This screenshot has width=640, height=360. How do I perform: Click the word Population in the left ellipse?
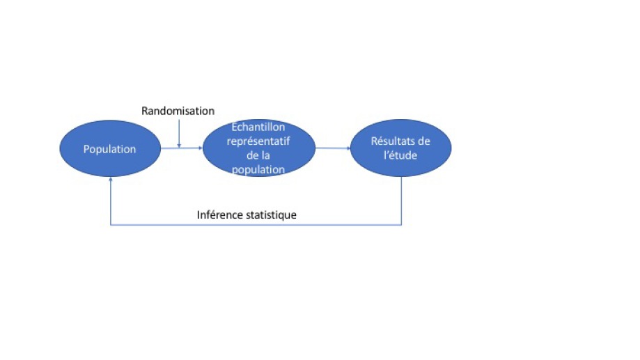click(109, 149)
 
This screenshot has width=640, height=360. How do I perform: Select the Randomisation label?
click(178, 111)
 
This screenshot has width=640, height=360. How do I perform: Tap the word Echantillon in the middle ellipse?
click(258, 127)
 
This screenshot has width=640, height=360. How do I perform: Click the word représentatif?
click(258, 141)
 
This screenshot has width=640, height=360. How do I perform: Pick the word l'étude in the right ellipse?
click(400, 155)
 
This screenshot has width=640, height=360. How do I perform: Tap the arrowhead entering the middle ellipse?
click(201, 148)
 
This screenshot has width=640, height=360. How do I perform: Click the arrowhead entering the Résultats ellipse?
click(348, 148)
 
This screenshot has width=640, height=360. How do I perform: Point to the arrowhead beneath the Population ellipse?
click(111, 179)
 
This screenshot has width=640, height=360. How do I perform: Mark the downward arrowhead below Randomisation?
click(179, 145)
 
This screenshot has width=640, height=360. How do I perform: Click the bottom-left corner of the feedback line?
click(111, 224)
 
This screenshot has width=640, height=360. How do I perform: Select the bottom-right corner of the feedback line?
click(401, 224)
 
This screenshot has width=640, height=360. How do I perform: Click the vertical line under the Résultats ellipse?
click(401, 201)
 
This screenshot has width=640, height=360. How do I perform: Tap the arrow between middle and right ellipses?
click(333, 148)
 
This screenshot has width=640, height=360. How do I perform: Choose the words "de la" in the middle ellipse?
click(258, 155)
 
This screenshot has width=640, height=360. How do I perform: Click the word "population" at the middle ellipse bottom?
click(258, 169)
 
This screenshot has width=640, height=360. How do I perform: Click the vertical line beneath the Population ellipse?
click(111, 201)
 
